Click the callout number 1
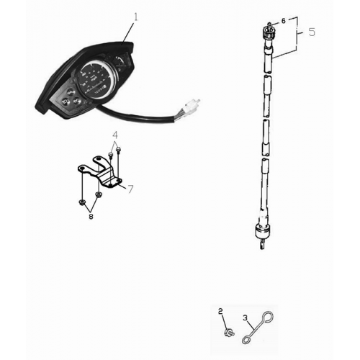pyautogui.click(x=135, y=15)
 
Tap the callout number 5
pyautogui.click(x=311, y=32)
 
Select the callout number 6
pyautogui.click(x=283, y=22)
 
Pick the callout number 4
pyautogui.click(x=114, y=135)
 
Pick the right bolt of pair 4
pyautogui.click(x=118, y=150)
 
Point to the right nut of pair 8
pyautogui.click(x=98, y=196)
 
